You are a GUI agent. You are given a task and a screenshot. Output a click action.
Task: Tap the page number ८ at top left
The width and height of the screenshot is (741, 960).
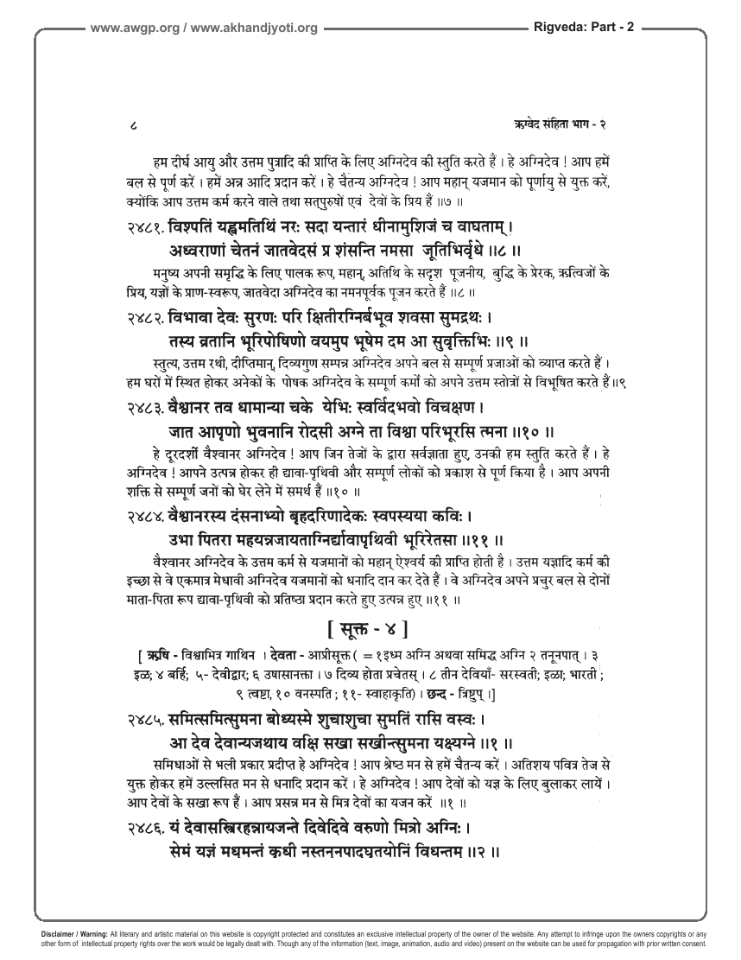[x=129, y=125]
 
